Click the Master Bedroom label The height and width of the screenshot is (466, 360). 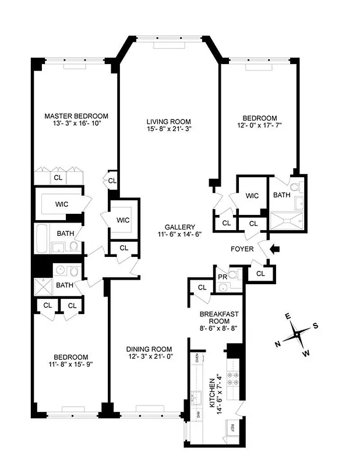tap(76, 116)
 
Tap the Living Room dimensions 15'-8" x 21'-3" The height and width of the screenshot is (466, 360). tap(168, 130)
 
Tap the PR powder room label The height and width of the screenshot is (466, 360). tap(222, 275)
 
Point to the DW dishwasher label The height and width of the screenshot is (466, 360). tap(197, 415)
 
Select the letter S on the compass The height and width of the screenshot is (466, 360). tap(315, 326)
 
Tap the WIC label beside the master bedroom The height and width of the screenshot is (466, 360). tap(62, 204)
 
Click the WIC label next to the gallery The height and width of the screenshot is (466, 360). tap(122, 220)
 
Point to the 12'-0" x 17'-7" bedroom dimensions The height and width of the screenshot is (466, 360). tap(260, 125)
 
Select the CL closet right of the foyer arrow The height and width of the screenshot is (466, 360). tap(260, 273)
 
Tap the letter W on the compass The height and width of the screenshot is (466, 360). tap(306, 353)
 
